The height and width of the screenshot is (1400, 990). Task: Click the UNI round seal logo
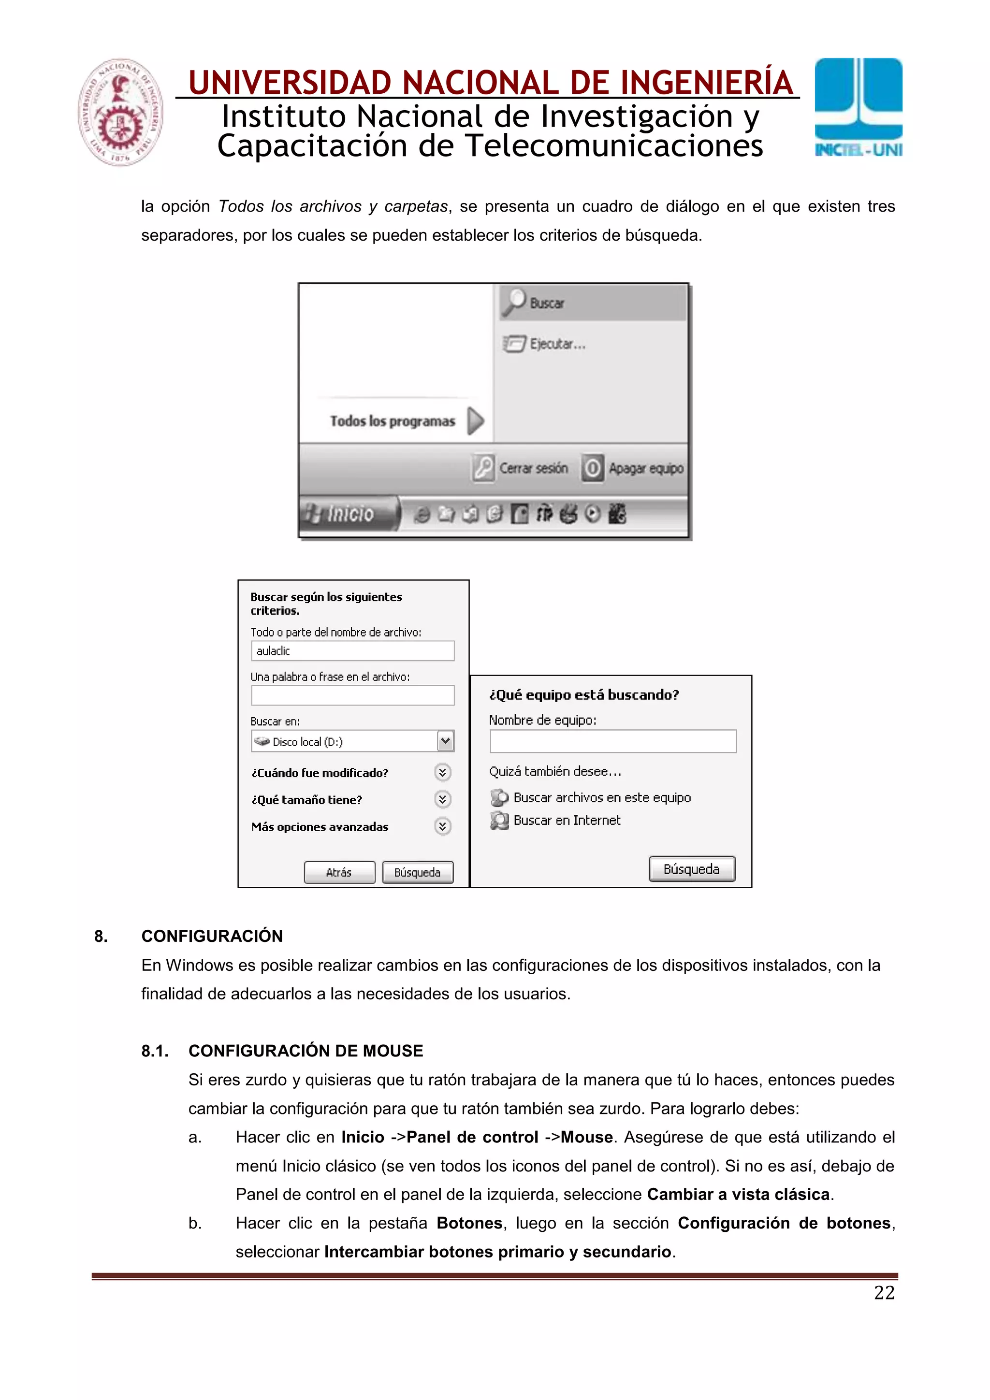click(x=121, y=112)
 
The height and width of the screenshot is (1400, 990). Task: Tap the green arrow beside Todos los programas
click(x=475, y=421)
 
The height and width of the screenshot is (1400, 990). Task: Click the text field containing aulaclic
click(x=352, y=650)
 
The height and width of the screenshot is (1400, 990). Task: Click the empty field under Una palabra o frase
click(x=352, y=695)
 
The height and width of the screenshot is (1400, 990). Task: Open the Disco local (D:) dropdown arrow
click(x=445, y=741)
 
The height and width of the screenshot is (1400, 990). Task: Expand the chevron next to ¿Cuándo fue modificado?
click(x=443, y=773)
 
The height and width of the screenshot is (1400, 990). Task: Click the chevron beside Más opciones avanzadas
click(x=443, y=826)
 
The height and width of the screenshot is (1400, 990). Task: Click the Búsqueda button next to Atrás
click(x=418, y=872)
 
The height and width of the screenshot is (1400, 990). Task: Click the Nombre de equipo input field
click(x=612, y=741)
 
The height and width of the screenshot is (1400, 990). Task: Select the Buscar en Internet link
click(x=566, y=821)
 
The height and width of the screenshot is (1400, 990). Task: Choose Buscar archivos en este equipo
click(x=601, y=797)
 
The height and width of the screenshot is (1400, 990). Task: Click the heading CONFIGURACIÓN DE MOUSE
click(x=306, y=1051)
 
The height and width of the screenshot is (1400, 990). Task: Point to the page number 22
click(x=884, y=1293)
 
